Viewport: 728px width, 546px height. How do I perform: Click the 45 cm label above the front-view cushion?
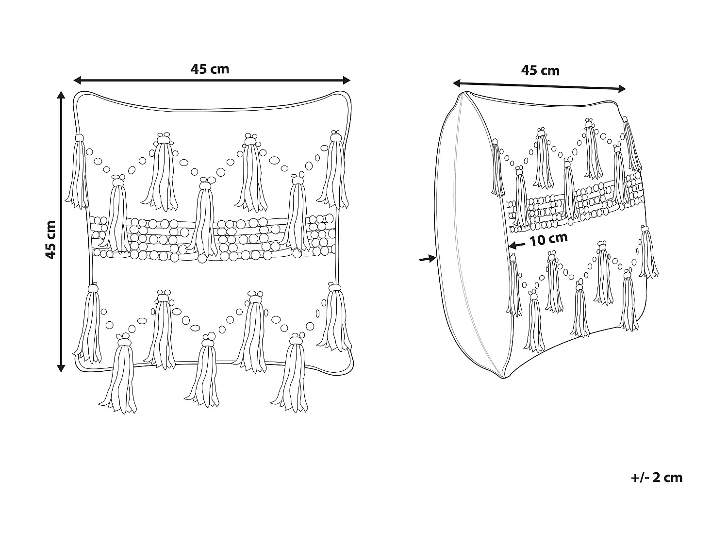click(210, 69)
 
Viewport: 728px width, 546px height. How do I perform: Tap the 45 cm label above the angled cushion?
click(540, 71)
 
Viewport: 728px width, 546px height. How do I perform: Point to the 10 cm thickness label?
click(548, 239)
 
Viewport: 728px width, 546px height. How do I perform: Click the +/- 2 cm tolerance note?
click(657, 478)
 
